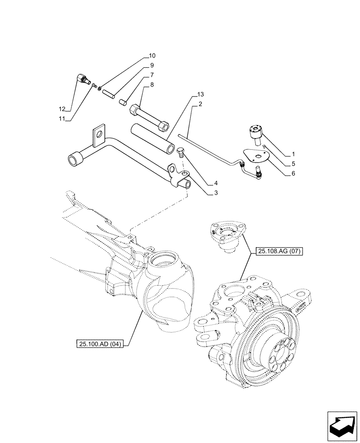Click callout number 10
pos(152,56)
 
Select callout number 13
pos(201,95)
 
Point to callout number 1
pos(293,155)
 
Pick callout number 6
pos(293,174)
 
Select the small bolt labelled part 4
pos(181,153)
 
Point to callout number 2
pos(201,104)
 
